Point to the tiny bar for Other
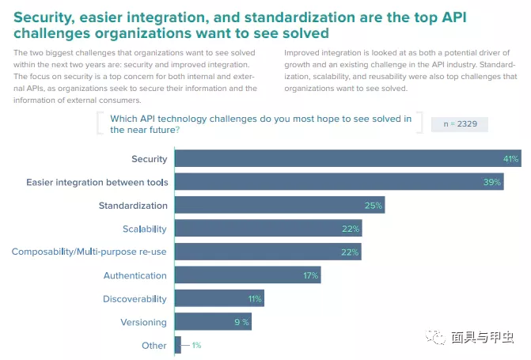(178, 345)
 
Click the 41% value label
(510, 159)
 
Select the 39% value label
(492, 182)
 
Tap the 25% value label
(374, 206)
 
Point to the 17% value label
(309, 275)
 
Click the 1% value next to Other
(196, 346)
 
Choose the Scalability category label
(144, 229)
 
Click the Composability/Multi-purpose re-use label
(89, 252)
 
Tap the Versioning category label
(143, 322)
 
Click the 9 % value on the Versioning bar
(241, 322)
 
